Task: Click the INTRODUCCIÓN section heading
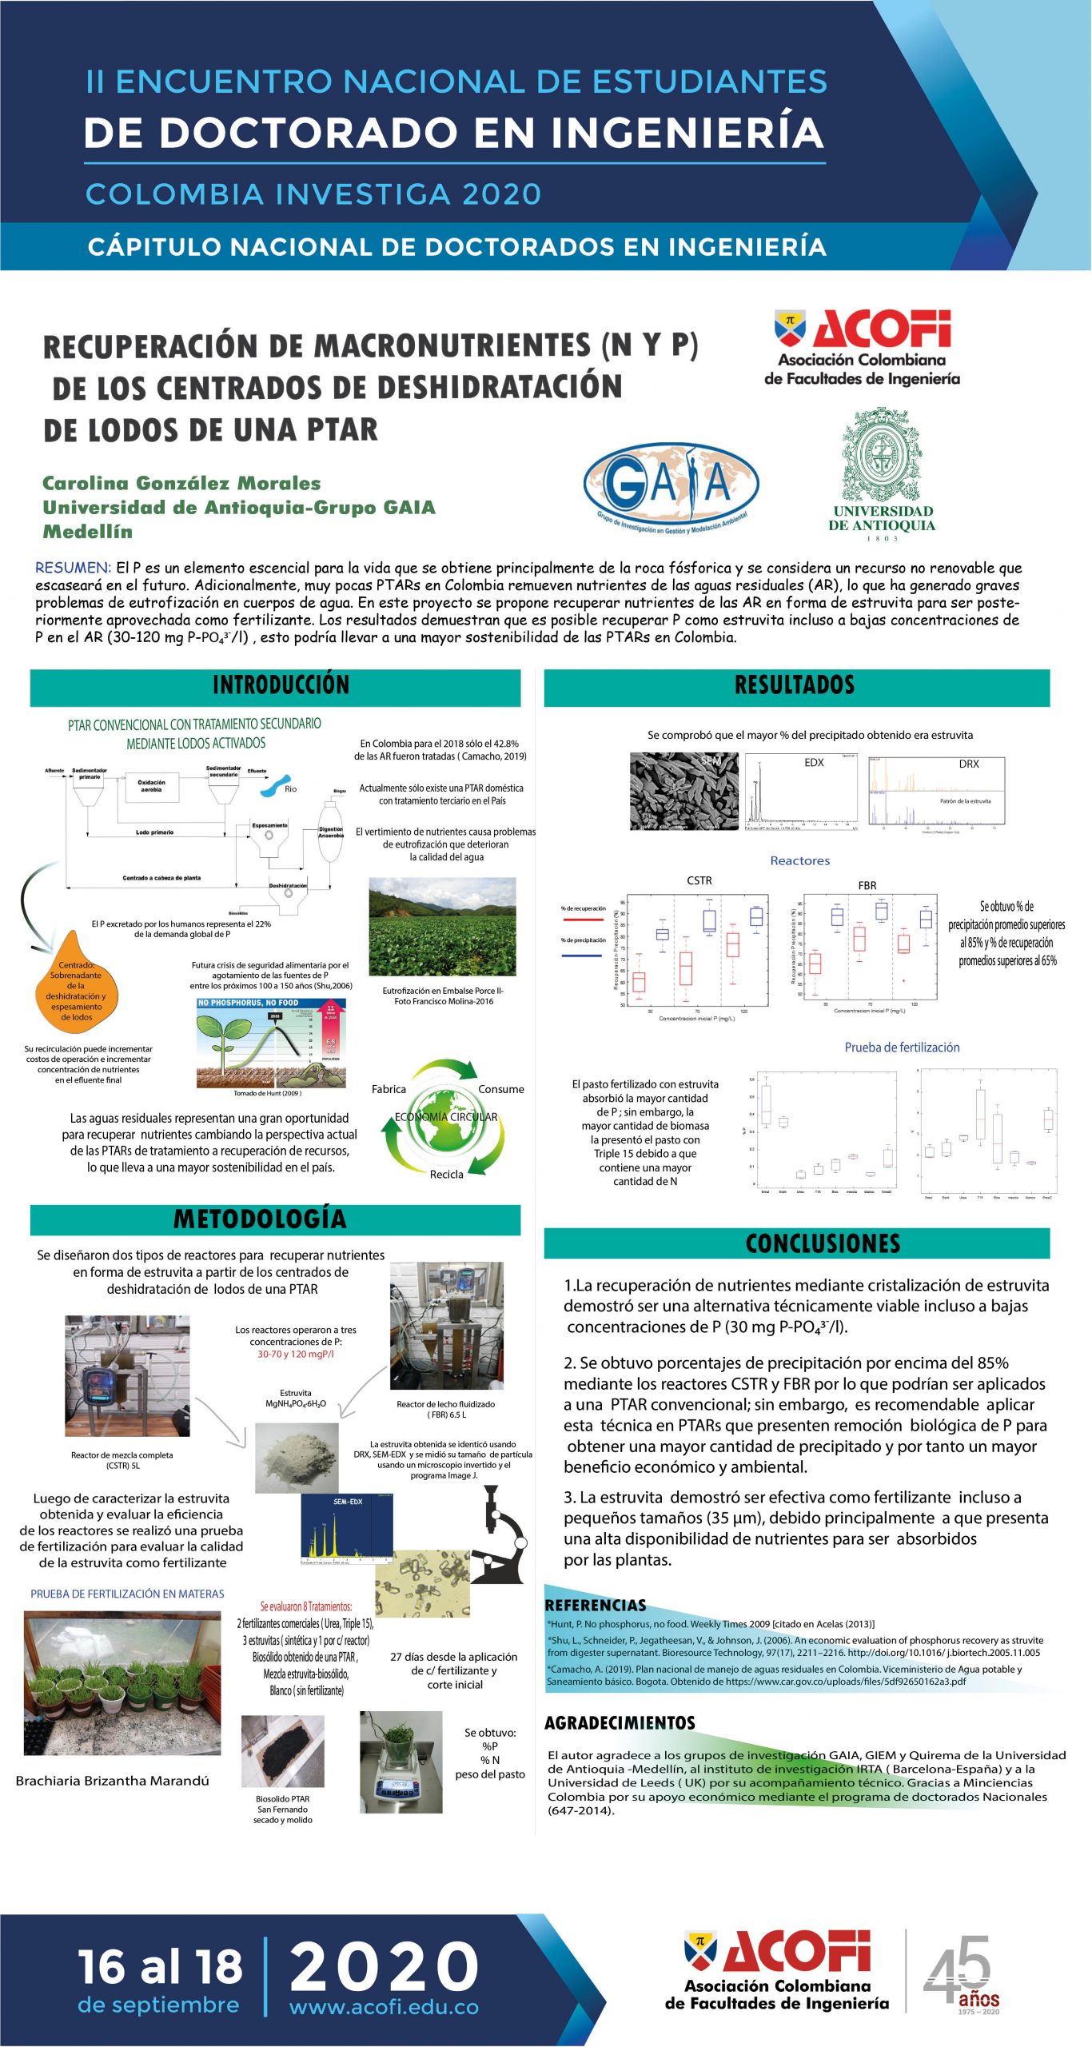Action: click(x=281, y=684)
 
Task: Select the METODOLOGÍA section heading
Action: click(x=260, y=1218)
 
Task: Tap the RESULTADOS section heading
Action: click(x=795, y=684)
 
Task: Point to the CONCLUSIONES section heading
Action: click(x=823, y=1243)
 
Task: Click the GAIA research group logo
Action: click(x=671, y=486)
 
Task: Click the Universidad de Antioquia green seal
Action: click(x=882, y=456)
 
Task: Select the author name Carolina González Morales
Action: click(x=181, y=483)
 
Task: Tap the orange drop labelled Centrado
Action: click(x=75, y=984)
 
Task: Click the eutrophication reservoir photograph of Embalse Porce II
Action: click(x=442, y=926)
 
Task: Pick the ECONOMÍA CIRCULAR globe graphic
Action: click(x=445, y=1117)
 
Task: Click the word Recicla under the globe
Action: click(x=446, y=1174)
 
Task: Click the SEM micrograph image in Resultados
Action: click(x=683, y=791)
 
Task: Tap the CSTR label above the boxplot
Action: click(x=699, y=880)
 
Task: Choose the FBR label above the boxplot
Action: click(x=867, y=885)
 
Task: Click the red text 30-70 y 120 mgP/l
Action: click(x=296, y=1354)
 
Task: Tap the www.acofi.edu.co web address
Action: click(x=384, y=2006)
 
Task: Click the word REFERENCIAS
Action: click(x=595, y=1605)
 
